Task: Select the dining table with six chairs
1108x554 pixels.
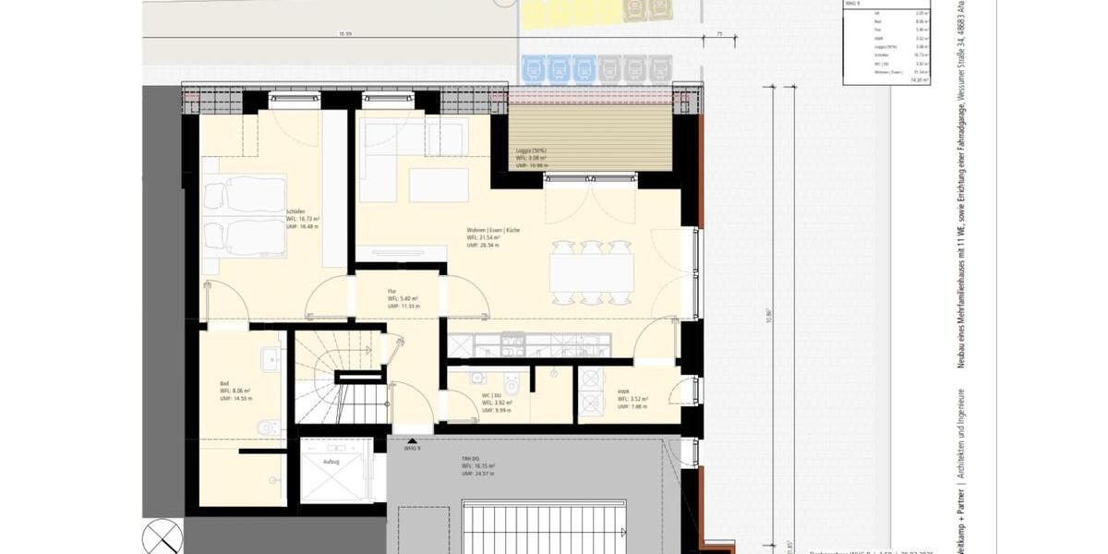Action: click(592, 272)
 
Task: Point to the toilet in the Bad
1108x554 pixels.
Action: click(269, 427)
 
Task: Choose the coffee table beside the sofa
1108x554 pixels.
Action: click(439, 185)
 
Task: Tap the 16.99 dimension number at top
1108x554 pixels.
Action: click(345, 33)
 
